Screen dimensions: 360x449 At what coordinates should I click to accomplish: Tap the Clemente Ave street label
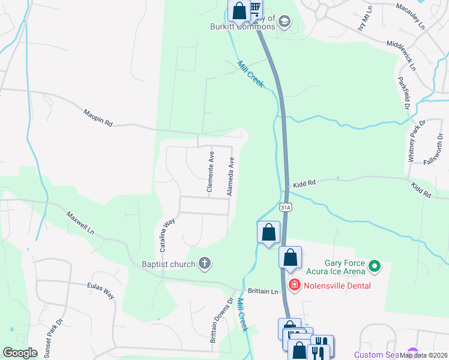click(211, 172)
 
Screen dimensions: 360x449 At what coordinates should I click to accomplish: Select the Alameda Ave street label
click(230, 176)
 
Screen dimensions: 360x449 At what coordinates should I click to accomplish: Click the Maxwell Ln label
click(80, 222)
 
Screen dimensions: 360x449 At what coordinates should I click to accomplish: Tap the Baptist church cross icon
click(205, 263)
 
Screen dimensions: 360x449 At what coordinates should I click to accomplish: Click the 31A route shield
click(286, 207)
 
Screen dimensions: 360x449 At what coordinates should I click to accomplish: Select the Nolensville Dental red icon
click(295, 285)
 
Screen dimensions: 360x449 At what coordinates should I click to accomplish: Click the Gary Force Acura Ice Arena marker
click(375, 265)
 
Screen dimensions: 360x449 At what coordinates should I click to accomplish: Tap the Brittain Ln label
click(267, 292)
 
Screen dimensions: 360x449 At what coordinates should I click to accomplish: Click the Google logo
click(20, 353)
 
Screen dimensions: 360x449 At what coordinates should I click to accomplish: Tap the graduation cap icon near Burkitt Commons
click(284, 23)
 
